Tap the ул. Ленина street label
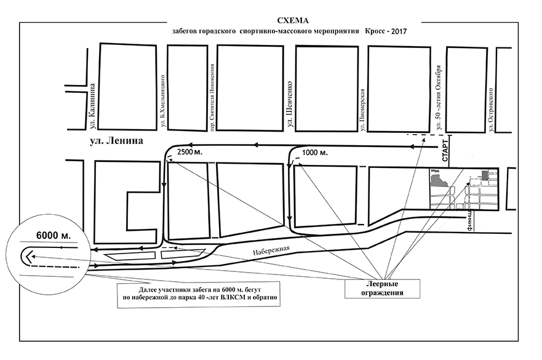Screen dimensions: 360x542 pos(116,142)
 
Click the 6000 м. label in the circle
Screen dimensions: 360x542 pos(54,236)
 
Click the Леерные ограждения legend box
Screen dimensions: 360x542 pos(382,289)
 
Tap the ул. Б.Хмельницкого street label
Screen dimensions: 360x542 pos(162,102)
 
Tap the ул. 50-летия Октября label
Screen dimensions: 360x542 pos(439,98)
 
